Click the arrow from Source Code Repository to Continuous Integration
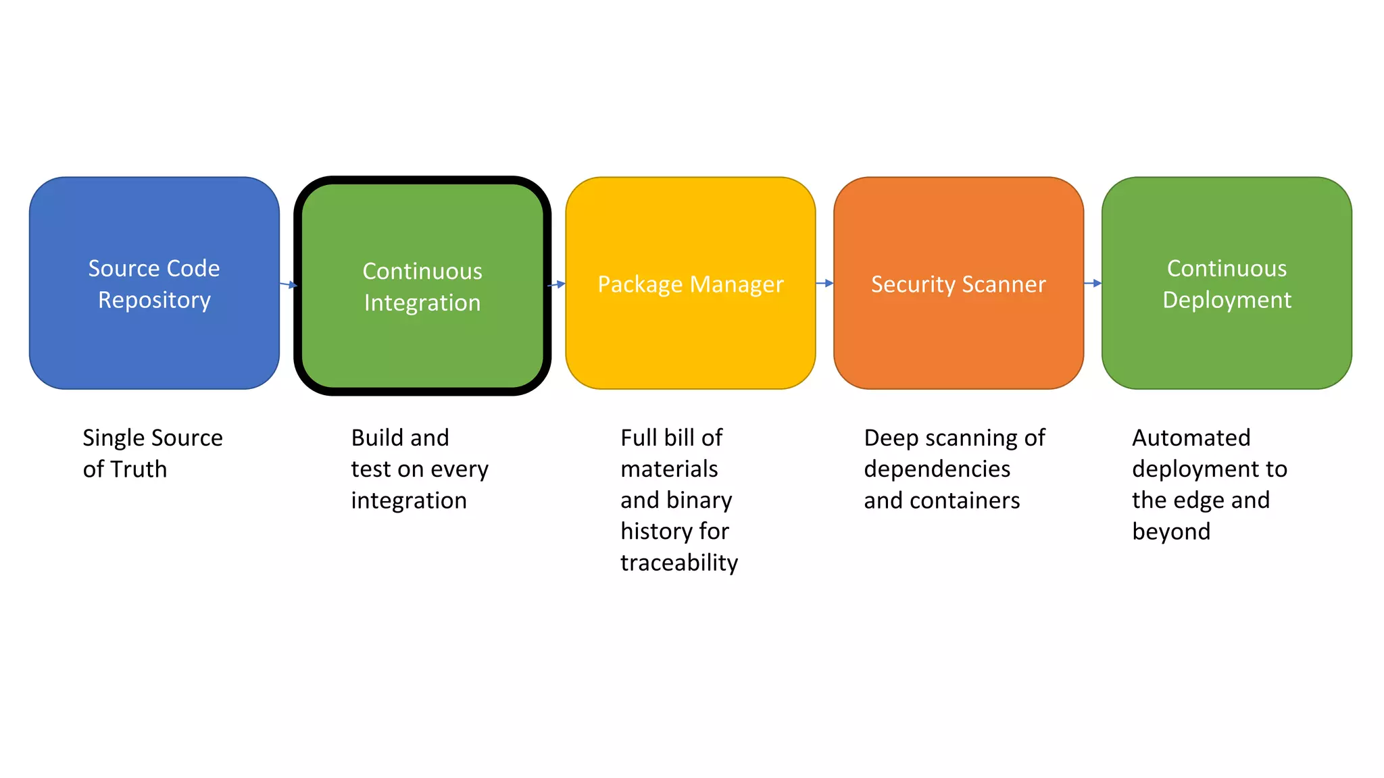pyautogui.click(x=289, y=285)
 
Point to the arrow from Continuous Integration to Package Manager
pyautogui.click(x=556, y=284)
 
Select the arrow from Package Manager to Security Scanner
pyautogui.click(x=824, y=283)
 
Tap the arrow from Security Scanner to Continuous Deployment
pyautogui.click(x=1093, y=283)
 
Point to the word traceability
pyautogui.click(x=679, y=563)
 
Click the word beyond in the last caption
pyautogui.click(x=1171, y=531)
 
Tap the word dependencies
pyautogui.click(x=937, y=469)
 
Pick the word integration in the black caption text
pyautogui.click(x=409, y=500)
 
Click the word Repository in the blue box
pyautogui.click(x=154, y=300)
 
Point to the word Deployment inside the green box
pyautogui.click(x=1227, y=300)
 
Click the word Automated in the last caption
pyautogui.click(x=1191, y=438)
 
